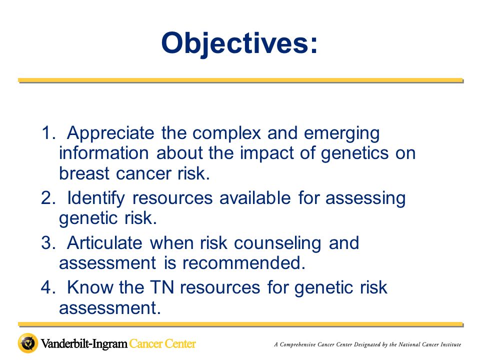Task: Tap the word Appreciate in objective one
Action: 110,133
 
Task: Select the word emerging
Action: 341,134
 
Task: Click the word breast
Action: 84,173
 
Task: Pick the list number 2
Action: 48,198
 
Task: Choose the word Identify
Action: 96,198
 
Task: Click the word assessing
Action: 365,198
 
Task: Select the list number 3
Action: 48,243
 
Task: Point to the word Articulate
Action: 104,243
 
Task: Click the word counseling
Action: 277,243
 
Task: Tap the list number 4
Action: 48,287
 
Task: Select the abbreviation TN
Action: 162,287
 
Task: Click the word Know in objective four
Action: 89,287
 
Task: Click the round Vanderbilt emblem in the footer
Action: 28,343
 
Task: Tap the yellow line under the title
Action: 240,80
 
